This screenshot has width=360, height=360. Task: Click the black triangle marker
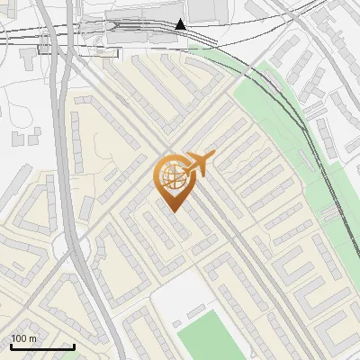[x=181, y=24]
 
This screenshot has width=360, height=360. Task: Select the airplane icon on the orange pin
[x=198, y=163]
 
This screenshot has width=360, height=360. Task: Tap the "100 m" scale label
[x=24, y=338]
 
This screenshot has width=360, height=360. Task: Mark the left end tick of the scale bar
[x=11, y=345]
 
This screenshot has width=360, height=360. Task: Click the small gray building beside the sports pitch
[x=195, y=312]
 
